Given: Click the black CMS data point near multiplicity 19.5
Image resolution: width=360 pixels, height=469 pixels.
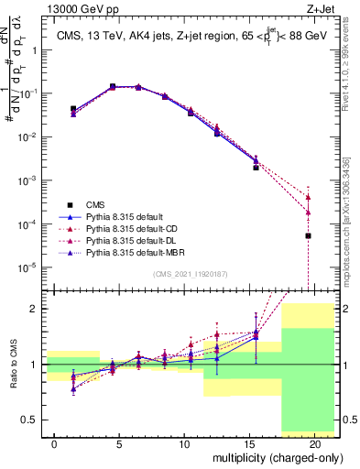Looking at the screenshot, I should point(308,235).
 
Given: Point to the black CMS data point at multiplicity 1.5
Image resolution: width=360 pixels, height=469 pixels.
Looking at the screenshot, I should point(73,108).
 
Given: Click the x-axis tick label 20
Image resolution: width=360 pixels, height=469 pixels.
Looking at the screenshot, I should point(314,443).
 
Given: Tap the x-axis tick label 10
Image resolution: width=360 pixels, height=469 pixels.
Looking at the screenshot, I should point(184,443).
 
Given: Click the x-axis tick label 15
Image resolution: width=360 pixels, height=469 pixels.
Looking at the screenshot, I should point(249,443).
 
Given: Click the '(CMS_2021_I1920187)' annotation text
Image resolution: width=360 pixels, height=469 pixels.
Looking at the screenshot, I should point(191,274).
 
